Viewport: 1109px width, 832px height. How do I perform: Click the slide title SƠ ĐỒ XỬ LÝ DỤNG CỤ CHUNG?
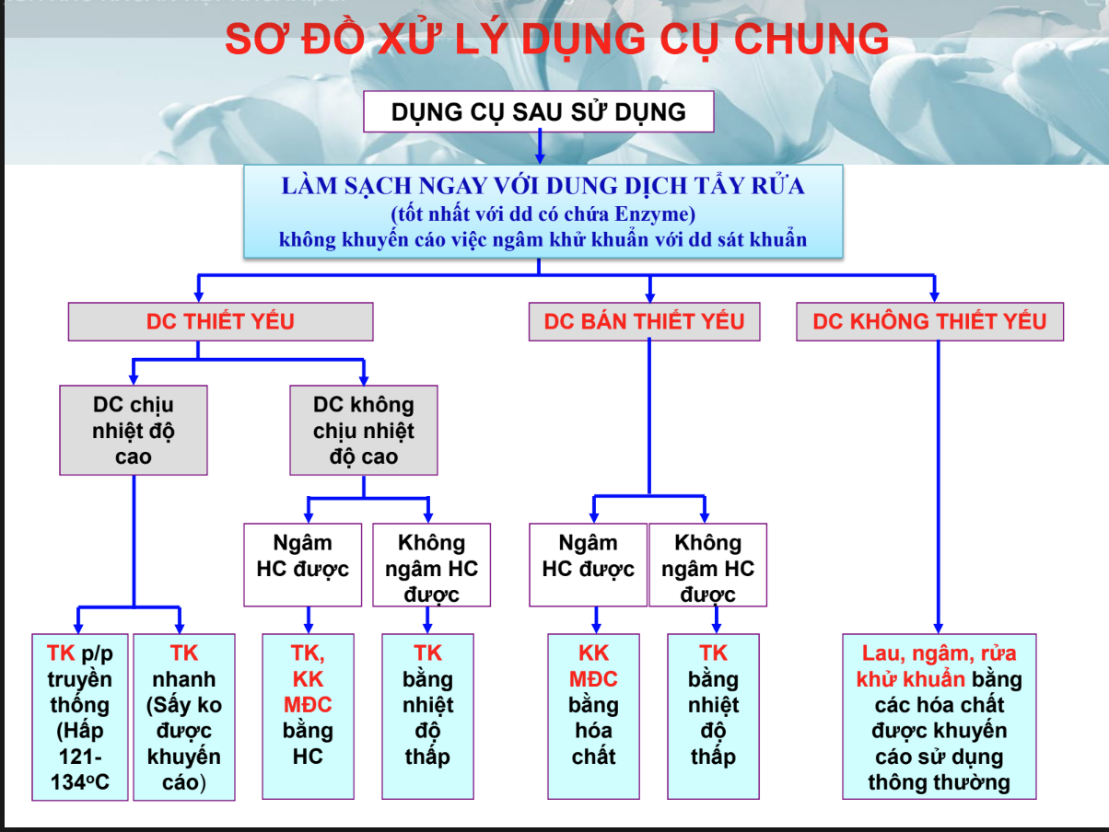click(557, 39)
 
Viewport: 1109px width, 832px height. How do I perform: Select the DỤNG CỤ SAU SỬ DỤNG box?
click(539, 112)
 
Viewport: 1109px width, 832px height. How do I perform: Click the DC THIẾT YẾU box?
click(220, 322)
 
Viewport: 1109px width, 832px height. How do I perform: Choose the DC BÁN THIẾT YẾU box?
click(645, 322)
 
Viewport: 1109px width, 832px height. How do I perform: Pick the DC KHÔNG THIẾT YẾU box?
click(929, 322)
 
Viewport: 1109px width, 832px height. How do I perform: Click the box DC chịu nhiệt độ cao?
click(134, 430)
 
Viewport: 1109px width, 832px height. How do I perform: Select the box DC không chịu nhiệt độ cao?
click(364, 430)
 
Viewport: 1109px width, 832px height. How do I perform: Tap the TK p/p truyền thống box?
click(79, 717)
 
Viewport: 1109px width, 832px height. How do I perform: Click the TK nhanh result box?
click(184, 717)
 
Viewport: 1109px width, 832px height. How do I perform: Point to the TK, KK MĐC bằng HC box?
click(308, 715)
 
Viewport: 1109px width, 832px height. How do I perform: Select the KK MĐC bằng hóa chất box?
click(593, 715)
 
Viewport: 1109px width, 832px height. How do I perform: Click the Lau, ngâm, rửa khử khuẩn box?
click(939, 715)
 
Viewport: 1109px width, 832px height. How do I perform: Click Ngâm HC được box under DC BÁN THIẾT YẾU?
click(588, 564)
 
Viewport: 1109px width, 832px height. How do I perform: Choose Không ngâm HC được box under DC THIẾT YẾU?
click(431, 564)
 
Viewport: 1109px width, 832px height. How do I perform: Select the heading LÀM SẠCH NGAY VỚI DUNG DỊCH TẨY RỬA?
click(543, 186)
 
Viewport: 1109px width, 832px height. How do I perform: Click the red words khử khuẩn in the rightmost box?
click(911, 679)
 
